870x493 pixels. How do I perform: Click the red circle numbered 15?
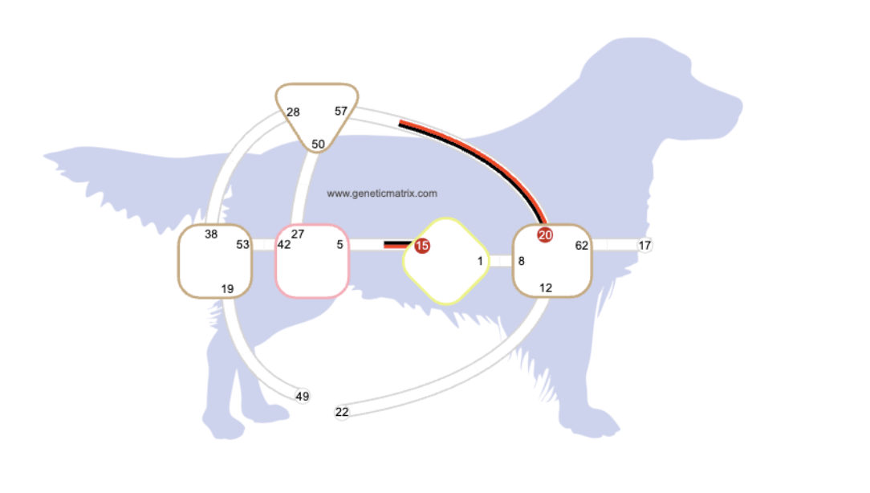[x=421, y=246]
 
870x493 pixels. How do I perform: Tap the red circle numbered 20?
[x=545, y=235]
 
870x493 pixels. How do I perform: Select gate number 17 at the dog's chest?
[x=645, y=246]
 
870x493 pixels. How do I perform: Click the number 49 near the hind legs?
[x=302, y=396]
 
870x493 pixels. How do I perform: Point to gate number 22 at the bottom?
[x=342, y=412]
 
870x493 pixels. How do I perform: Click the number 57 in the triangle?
[x=341, y=112]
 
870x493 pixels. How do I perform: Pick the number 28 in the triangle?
[x=293, y=112]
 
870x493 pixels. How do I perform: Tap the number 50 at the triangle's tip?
[x=318, y=145]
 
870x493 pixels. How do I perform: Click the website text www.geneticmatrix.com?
[x=382, y=194]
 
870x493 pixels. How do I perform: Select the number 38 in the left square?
[x=211, y=234]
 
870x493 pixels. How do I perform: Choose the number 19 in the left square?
[x=227, y=289]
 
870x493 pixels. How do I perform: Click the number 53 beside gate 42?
[x=242, y=245]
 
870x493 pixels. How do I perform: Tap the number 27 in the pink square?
[x=298, y=234]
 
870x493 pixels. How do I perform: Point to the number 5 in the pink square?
[x=339, y=245]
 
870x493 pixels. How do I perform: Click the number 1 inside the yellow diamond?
[x=480, y=261]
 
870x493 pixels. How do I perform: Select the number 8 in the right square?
[x=521, y=261]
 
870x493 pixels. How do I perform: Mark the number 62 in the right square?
[x=582, y=246]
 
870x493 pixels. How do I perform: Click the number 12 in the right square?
[x=546, y=288]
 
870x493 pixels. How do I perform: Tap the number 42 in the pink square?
[x=284, y=245]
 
